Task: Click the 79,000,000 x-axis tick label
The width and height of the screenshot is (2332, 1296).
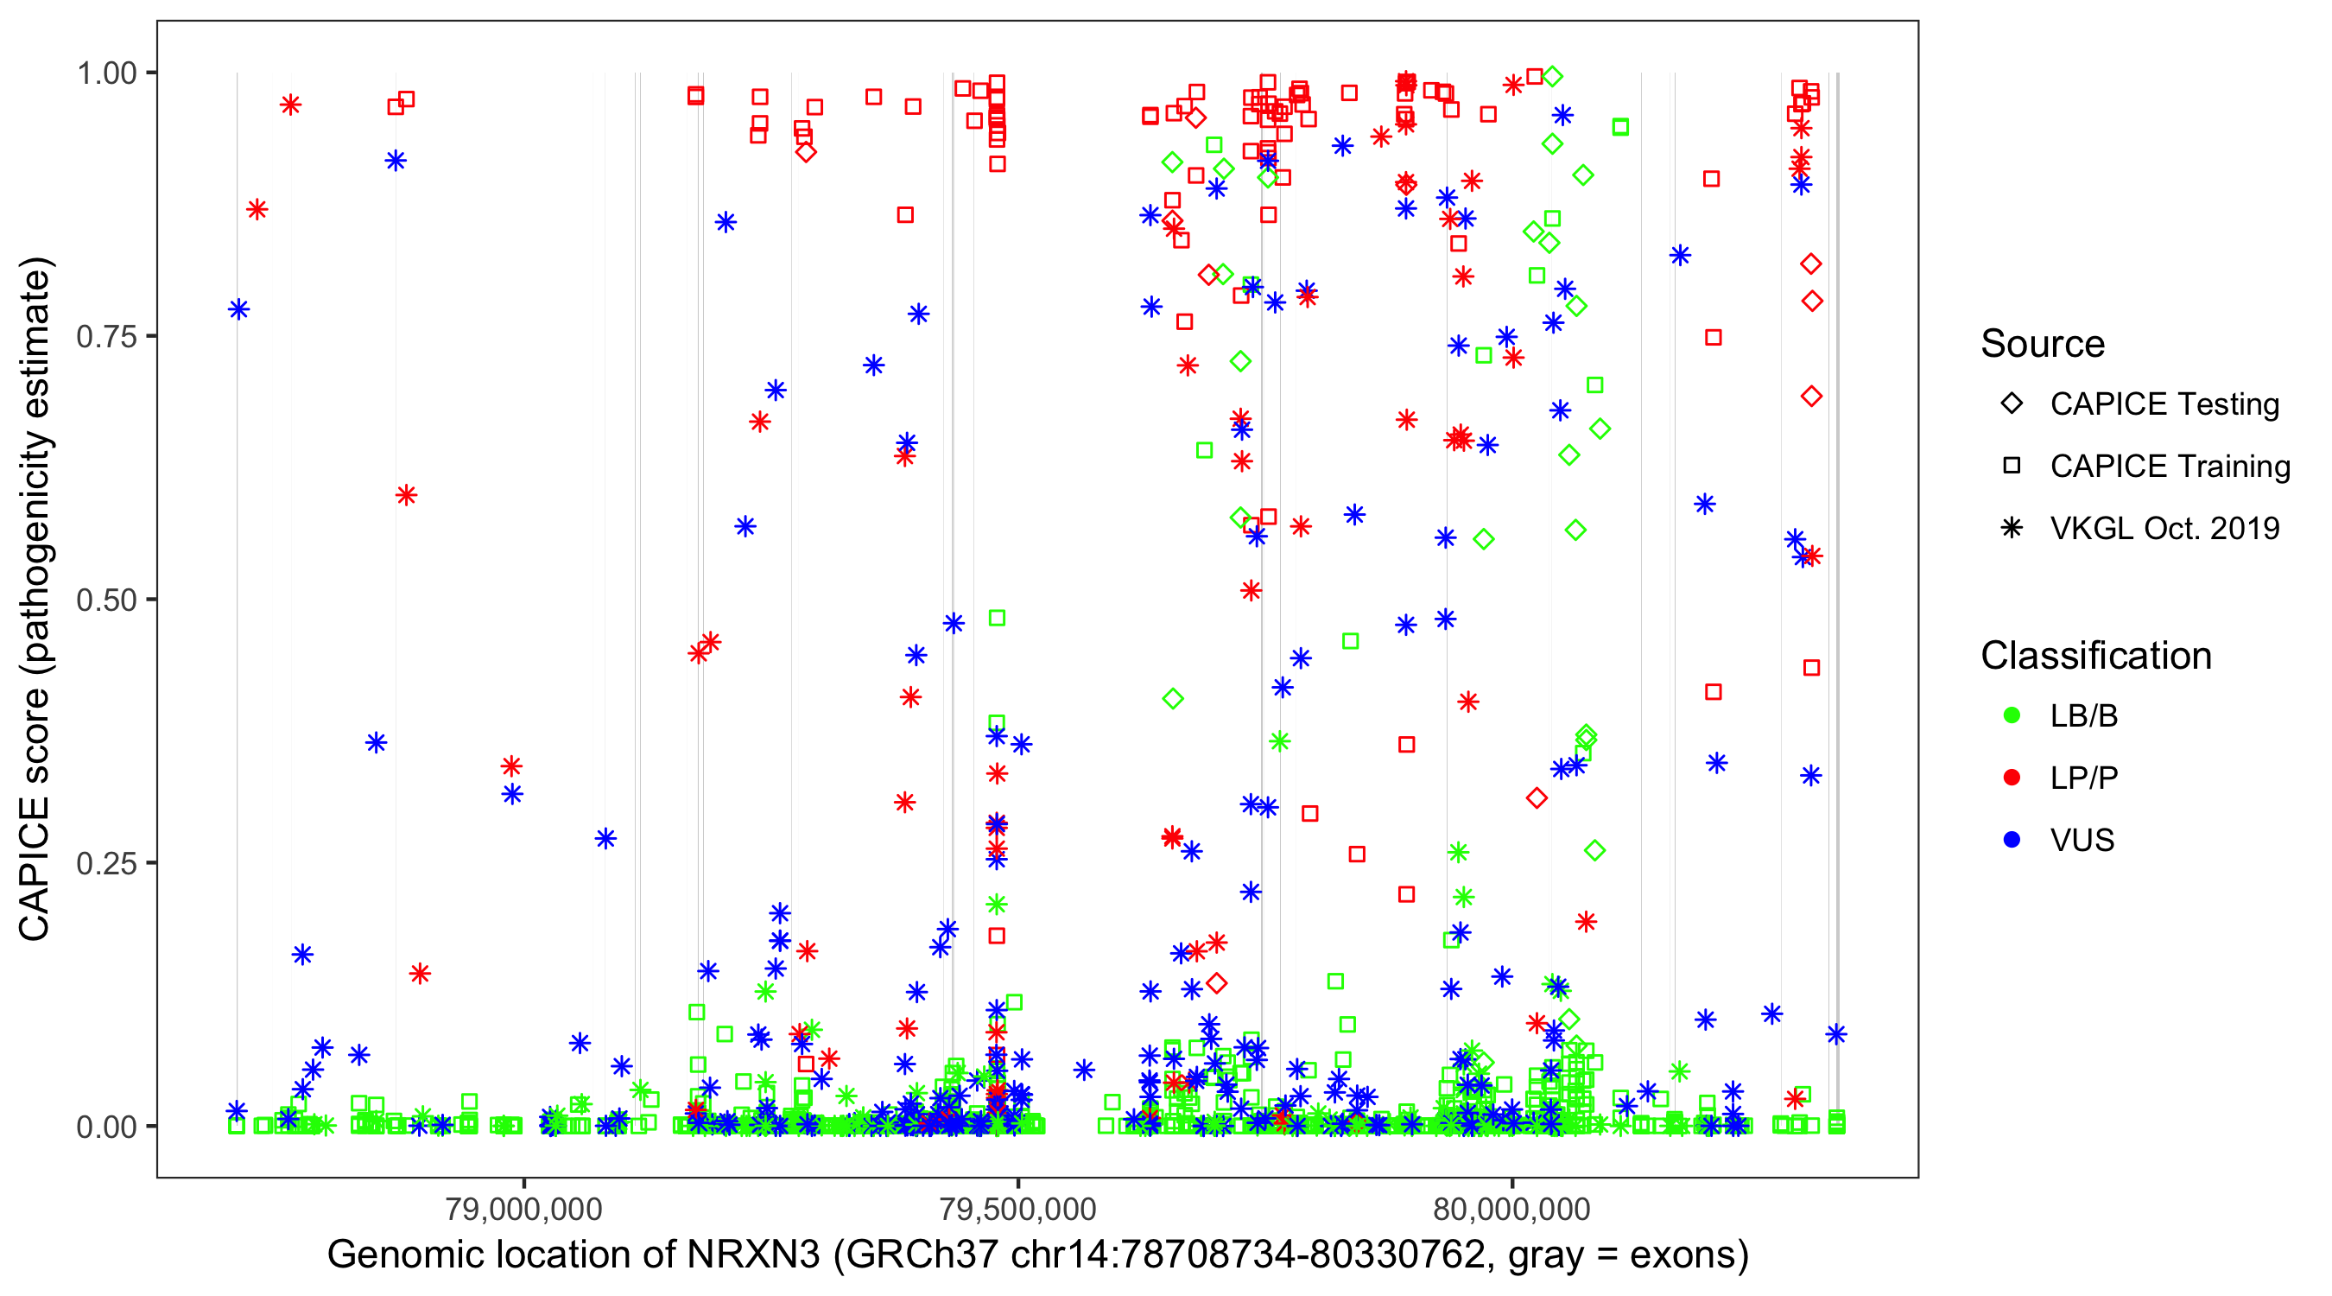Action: (524, 1209)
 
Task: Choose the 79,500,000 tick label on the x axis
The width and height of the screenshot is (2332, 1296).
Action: (1017, 1209)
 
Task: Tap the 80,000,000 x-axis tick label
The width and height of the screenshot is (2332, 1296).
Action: (1511, 1209)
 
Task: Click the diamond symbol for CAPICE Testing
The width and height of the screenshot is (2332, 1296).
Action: (2012, 404)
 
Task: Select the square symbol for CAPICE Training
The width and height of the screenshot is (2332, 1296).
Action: (2012, 467)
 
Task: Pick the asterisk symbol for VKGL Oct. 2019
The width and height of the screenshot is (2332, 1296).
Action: (2012, 528)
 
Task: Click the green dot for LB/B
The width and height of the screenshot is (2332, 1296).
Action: (2012, 715)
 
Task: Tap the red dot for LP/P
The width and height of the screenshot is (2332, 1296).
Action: (2012, 778)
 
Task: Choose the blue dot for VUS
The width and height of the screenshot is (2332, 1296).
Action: (2012, 840)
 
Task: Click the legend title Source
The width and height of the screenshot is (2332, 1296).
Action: (2043, 344)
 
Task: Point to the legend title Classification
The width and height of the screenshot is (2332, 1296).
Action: (2095, 656)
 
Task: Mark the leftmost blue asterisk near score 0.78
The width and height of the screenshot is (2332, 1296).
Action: (239, 309)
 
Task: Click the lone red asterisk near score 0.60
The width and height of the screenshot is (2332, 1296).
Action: (407, 495)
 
